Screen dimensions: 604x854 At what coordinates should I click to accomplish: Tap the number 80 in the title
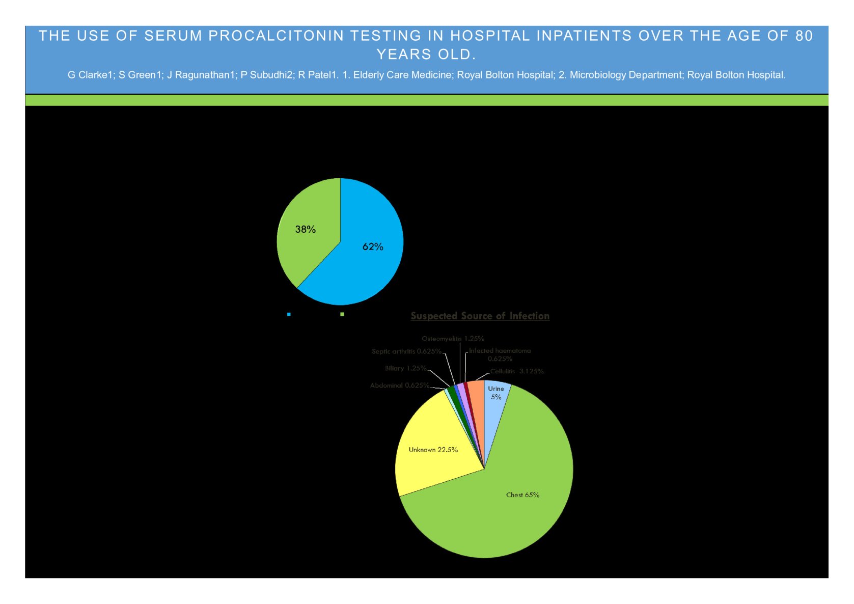pyautogui.click(x=804, y=36)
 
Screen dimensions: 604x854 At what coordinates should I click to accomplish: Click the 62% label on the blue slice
pyautogui.click(x=373, y=247)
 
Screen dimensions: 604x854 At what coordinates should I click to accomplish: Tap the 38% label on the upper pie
pyautogui.click(x=306, y=230)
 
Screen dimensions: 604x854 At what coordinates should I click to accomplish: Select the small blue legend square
pyautogui.click(x=289, y=314)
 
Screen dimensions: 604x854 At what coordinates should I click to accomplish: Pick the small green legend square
pyautogui.click(x=342, y=314)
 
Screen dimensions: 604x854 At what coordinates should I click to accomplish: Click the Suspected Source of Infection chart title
pyautogui.click(x=480, y=316)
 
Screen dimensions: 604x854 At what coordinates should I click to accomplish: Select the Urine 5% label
pyautogui.click(x=496, y=393)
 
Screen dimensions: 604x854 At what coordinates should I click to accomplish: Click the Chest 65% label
pyautogui.click(x=522, y=495)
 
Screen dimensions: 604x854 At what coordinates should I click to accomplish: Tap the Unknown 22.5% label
pyautogui.click(x=433, y=450)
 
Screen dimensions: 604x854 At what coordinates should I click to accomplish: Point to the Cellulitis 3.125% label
pyautogui.click(x=517, y=371)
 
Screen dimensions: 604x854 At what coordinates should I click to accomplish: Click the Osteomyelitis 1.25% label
pyautogui.click(x=453, y=339)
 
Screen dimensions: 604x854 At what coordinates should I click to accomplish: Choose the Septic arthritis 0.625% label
pyautogui.click(x=406, y=351)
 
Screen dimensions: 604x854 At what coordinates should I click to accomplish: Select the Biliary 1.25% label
pyautogui.click(x=405, y=368)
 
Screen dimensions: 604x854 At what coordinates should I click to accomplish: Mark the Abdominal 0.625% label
pyautogui.click(x=400, y=386)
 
